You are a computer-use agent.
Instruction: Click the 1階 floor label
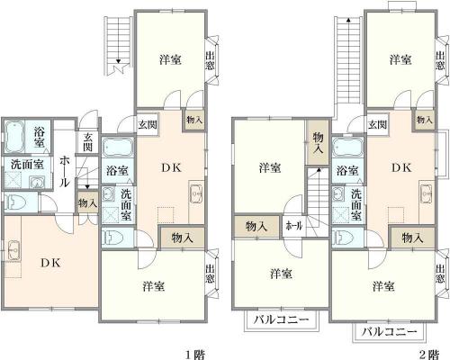coord(195,355)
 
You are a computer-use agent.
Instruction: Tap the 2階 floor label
coord(428,355)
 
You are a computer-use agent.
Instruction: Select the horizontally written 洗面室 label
coord(27,165)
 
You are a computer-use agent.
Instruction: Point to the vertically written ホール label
coord(65,171)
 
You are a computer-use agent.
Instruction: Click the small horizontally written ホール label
coord(294,226)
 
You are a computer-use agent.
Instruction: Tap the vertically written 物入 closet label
coord(318,143)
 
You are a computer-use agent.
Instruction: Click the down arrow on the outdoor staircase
coord(118,61)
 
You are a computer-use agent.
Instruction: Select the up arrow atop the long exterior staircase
coord(348,20)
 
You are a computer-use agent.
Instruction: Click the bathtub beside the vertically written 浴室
coord(14,136)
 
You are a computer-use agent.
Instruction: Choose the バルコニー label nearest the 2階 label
coord(389,332)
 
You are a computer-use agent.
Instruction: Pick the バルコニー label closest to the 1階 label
coord(281,319)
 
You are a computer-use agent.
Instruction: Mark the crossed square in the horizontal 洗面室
coord(13,181)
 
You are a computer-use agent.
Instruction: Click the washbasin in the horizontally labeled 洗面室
coord(37,182)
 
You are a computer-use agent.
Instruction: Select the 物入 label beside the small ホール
coord(256,226)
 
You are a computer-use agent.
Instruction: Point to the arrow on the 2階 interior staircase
coord(318,170)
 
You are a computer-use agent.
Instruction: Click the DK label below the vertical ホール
coord(51,263)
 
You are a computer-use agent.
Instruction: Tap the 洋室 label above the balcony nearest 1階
coord(281,274)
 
